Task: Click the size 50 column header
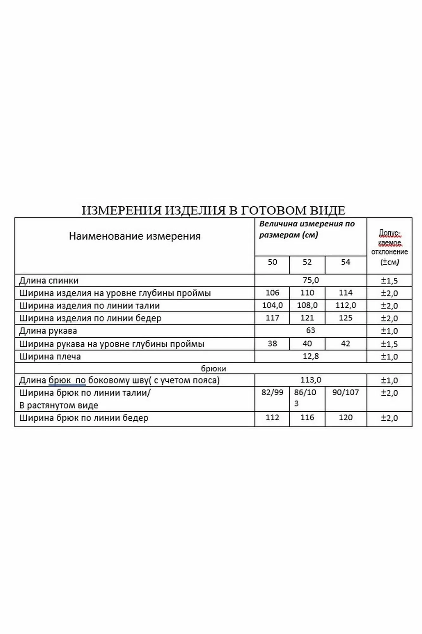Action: (x=272, y=262)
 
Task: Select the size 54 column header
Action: (x=345, y=262)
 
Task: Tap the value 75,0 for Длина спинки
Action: (x=311, y=280)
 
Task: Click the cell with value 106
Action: (x=272, y=293)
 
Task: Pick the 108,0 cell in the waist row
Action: (x=307, y=305)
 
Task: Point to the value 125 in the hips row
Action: (x=345, y=318)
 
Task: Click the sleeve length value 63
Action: (x=311, y=330)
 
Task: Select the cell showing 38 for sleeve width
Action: (x=272, y=344)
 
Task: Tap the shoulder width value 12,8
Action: (x=311, y=356)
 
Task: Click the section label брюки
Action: (x=213, y=368)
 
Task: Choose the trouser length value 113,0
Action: (x=311, y=380)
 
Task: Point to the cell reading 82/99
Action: (x=272, y=392)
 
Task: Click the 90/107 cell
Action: (x=345, y=392)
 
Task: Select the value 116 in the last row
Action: (x=307, y=417)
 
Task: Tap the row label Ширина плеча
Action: (x=50, y=357)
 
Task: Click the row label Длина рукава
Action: (x=48, y=331)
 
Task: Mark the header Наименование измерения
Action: (x=135, y=236)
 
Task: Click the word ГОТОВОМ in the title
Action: (x=276, y=210)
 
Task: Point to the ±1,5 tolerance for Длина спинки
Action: (x=389, y=281)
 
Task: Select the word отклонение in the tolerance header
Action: (x=389, y=252)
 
